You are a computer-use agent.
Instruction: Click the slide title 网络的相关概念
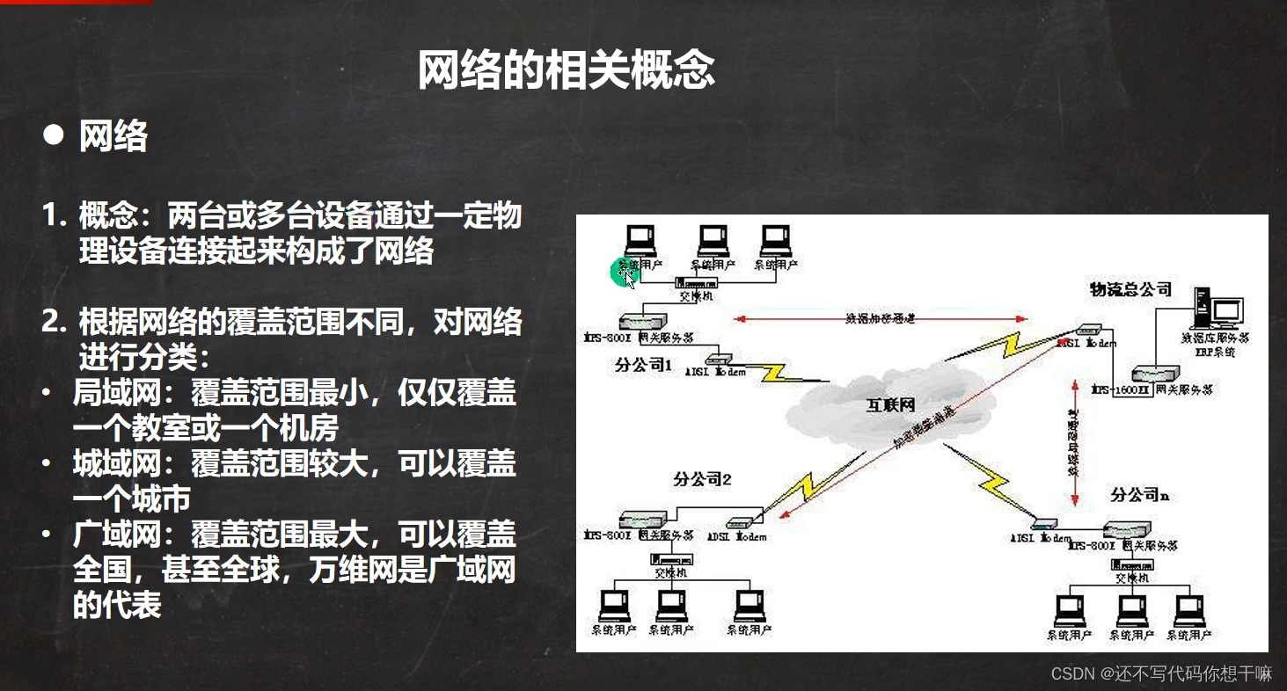566,70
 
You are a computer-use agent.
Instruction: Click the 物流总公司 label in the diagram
1131,288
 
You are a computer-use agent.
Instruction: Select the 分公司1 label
643,365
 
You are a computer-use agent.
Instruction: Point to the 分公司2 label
703,479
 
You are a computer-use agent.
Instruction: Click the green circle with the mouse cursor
624,273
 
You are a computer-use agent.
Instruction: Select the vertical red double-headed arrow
1074,443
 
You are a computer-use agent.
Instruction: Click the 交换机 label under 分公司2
669,573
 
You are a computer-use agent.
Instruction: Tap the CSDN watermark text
1161,674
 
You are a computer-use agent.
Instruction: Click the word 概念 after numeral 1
108,216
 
